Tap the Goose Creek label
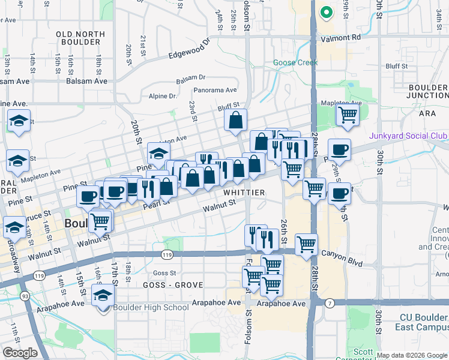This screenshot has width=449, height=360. [295, 62]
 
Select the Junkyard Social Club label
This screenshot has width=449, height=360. [408, 136]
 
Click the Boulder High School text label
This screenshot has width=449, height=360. [151, 308]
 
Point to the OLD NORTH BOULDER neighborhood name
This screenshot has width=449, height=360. [78, 38]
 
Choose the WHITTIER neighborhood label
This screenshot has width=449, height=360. [244, 193]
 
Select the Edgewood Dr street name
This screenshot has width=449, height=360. [189, 49]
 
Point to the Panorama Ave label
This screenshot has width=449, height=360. [215, 91]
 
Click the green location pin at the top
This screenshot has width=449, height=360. [326, 12]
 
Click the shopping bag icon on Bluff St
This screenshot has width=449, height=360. [237, 120]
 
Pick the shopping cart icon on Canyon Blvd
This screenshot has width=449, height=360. [306, 245]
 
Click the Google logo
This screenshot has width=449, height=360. [20, 353]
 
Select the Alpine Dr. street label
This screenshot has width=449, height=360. [163, 96]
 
